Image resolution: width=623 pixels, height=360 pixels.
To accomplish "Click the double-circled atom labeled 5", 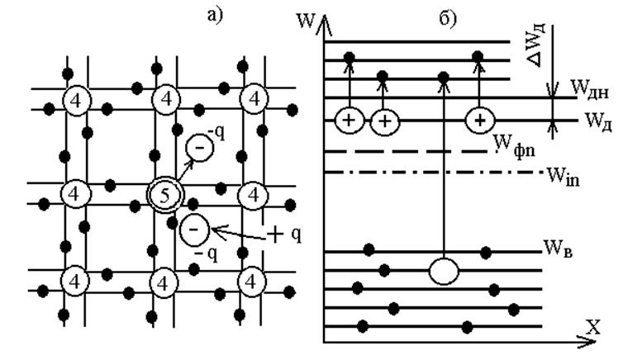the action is click(x=165, y=196).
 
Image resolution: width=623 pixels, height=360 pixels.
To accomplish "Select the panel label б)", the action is click(x=448, y=18).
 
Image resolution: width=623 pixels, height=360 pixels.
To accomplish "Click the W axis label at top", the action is click(x=306, y=21).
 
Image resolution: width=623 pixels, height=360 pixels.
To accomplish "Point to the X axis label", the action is click(x=593, y=328).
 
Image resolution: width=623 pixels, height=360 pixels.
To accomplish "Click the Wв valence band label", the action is click(x=558, y=249).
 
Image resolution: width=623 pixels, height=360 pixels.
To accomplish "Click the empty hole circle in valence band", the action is click(x=444, y=272).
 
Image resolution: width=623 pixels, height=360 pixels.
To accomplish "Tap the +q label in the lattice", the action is click(x=283, y=234).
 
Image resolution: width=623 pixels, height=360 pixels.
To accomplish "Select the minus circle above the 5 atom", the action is click(x=199, y=147).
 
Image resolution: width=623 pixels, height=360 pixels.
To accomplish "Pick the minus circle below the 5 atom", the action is click(x=194, y=230).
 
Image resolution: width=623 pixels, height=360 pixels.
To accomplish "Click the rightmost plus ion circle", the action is click(x=480, y=120).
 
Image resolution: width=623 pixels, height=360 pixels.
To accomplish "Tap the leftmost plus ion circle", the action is click(x=350, y=120).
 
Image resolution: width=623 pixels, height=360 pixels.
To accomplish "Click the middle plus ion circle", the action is click(x=384, y=121).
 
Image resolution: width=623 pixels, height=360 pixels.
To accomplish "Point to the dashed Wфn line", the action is click(x=406, y=152).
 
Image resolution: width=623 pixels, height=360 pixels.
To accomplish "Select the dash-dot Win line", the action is click(x=434, y=173).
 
